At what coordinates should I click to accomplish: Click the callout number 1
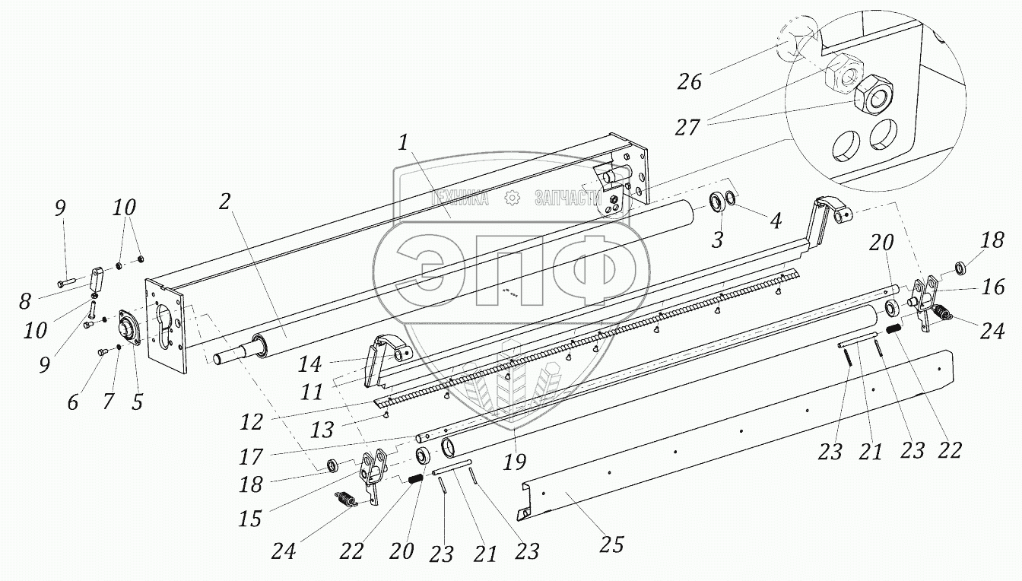pos(405,143)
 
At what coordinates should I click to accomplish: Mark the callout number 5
pos(137,402)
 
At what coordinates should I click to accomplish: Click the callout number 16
pos(993,287)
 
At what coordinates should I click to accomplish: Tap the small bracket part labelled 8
pos(97,275)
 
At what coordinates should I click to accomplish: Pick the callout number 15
pos(250,519)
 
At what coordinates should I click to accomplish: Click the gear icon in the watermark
pos(511,198)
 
